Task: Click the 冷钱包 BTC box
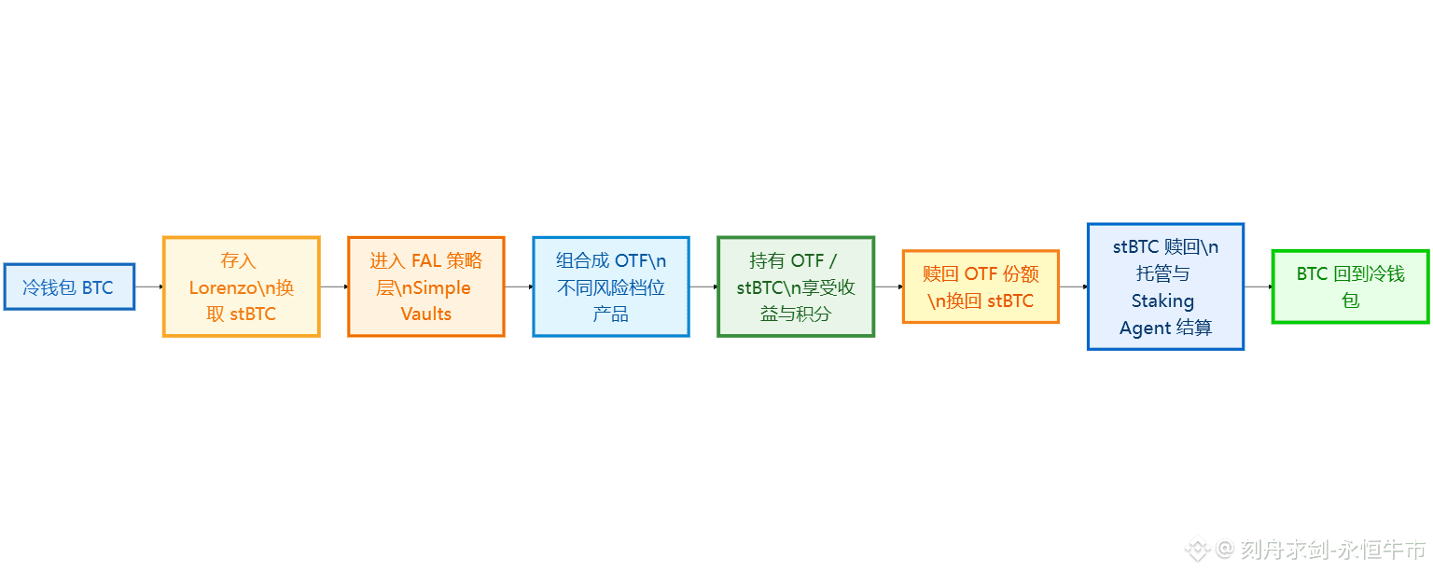(69, 286)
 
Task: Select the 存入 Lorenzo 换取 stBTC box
(242, 286)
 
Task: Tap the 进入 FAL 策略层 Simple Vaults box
(426, 286)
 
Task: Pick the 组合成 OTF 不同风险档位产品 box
(611, 286)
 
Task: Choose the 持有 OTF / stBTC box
(796, 286)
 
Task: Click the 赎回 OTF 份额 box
(981, 286)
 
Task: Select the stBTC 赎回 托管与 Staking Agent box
(1165, 286)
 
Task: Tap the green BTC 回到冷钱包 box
(1350, 286)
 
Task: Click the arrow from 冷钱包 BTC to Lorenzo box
(149, 286)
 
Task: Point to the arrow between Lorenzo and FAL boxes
(334, 286)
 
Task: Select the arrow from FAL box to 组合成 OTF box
(519, 286)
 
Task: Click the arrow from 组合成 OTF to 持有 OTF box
(703, 286)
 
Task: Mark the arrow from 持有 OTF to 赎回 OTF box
(888, 286)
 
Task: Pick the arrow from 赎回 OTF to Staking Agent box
(1073, 286)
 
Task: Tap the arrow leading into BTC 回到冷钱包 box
(1258, 286)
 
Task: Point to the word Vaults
(426, 314)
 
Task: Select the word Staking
(1162, 300)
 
